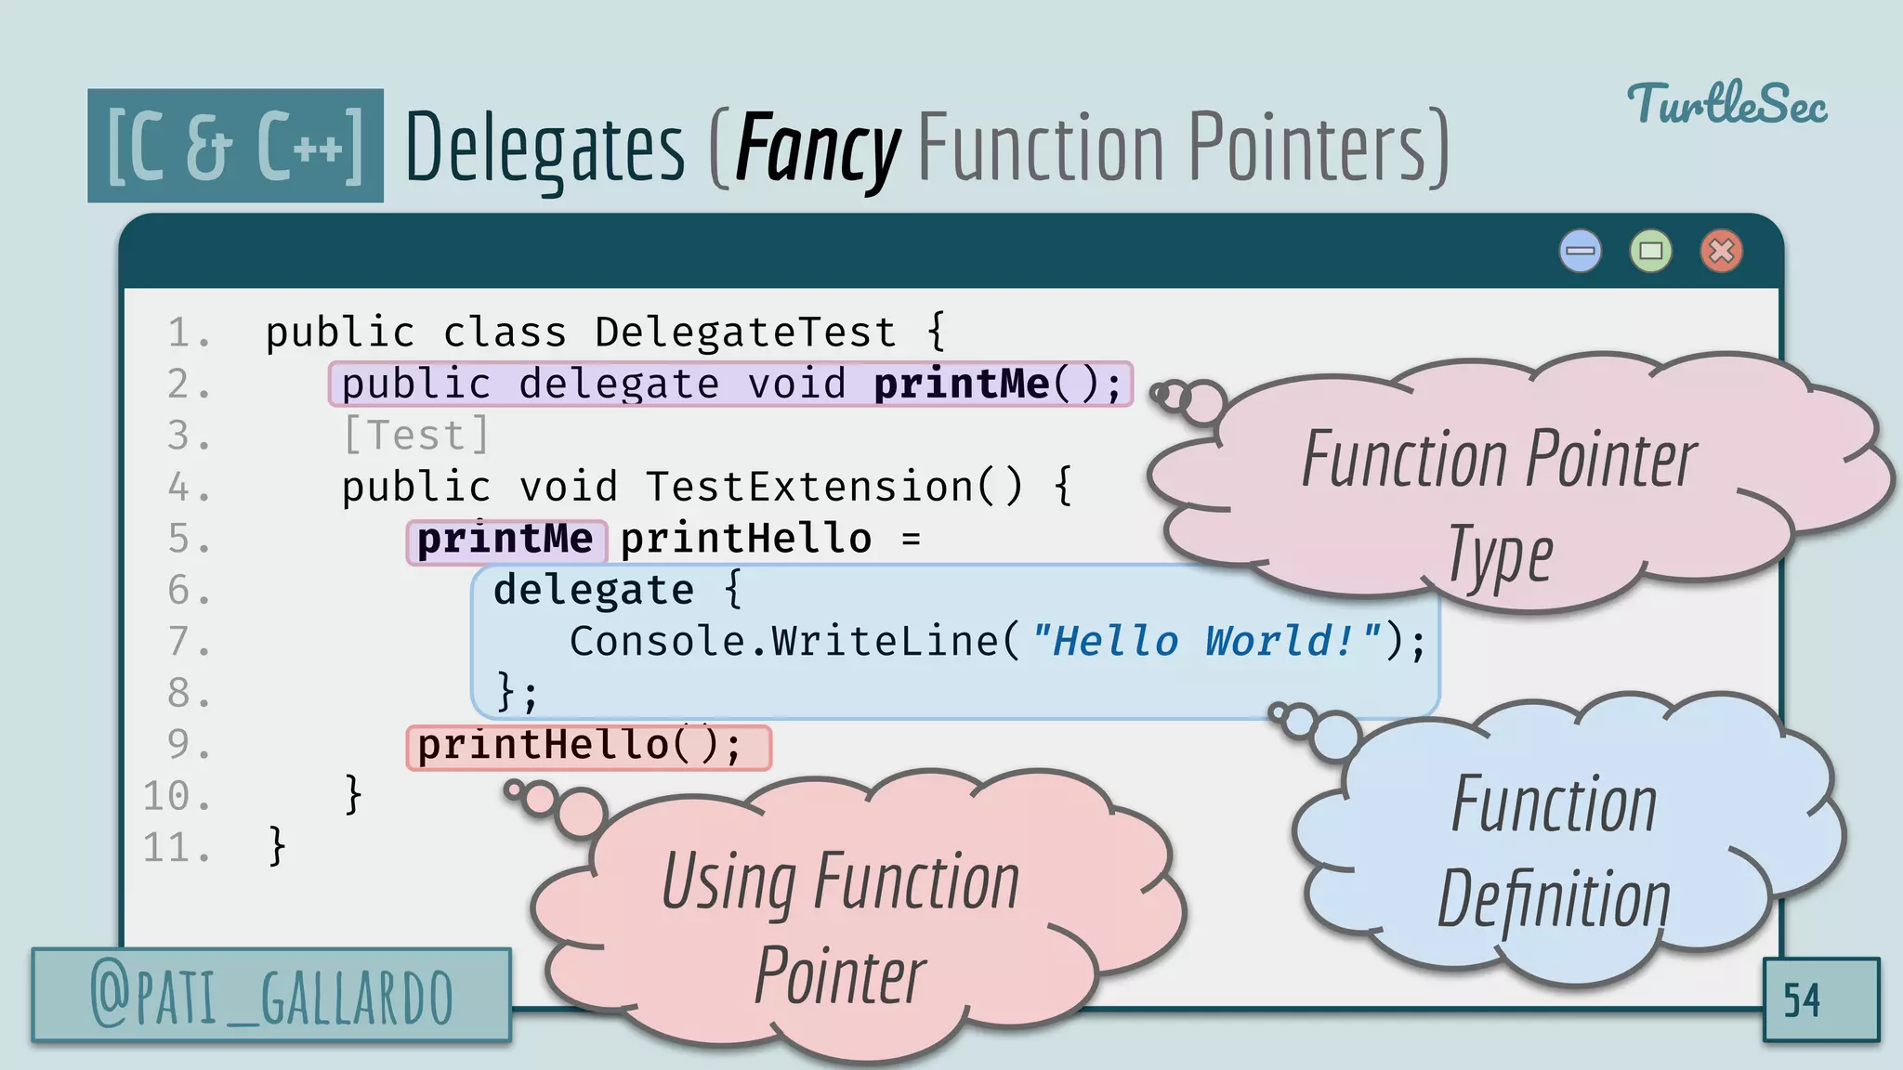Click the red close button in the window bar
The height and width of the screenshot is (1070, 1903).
(1721, 251)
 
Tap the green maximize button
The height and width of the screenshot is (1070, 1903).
(1650, 251)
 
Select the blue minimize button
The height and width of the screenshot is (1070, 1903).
(1580, 251)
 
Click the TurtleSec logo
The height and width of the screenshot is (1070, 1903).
(1726, 104)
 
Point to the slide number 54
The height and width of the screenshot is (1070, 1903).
(1802, 1000)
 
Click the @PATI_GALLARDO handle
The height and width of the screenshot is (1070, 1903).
(271, 997)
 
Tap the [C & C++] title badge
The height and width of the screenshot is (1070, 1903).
(235, 146)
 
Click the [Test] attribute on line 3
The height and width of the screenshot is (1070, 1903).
(415, 436)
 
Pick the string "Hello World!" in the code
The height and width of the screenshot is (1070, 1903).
(1205, 642)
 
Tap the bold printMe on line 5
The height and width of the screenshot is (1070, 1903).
(505, 540)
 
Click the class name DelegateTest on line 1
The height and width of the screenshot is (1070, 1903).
(745, 333)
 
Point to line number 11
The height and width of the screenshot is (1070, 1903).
(176, 848)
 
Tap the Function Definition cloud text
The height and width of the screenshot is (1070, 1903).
(1554, 850)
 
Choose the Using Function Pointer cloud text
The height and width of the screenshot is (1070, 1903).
(840, 927)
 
